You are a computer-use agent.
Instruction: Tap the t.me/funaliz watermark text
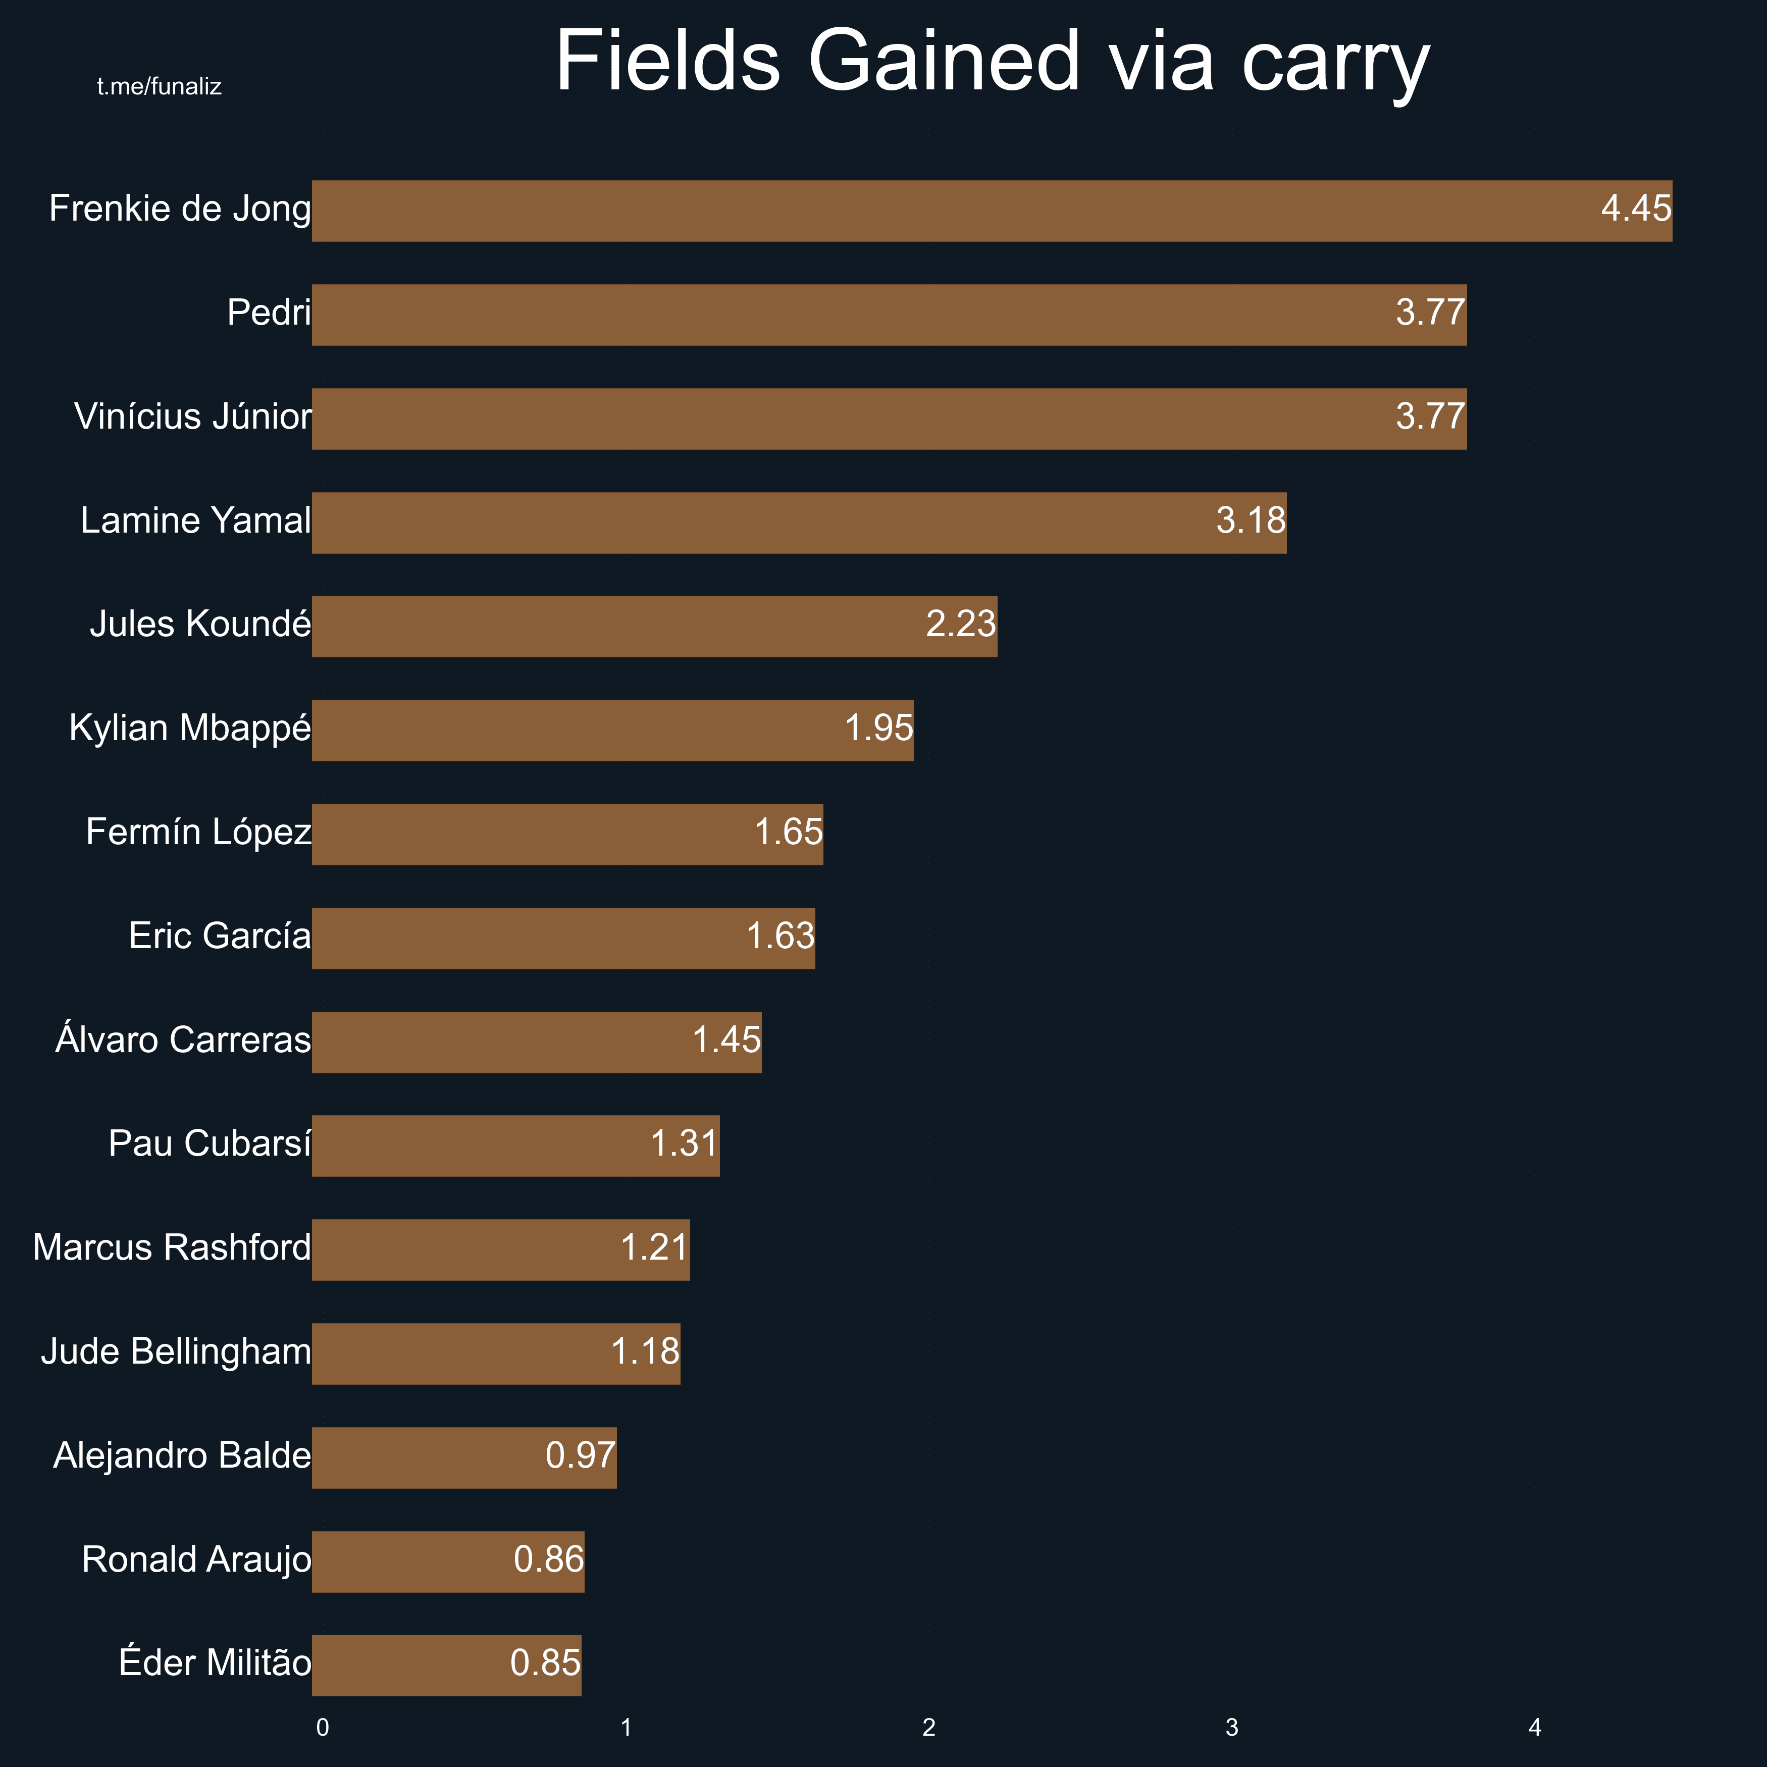159,87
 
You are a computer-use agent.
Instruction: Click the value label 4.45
1635,209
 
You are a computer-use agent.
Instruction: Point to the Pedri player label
269,313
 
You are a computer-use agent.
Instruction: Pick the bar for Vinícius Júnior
889,419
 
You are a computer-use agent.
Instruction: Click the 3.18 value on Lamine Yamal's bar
1250,521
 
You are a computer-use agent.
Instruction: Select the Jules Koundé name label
200,624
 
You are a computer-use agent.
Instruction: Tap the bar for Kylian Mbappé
613,730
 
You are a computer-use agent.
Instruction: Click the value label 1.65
789,833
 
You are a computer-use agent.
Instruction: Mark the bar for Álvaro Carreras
537,1042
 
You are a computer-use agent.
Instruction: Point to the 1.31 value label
684,1143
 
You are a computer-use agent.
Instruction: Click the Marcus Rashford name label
172,1248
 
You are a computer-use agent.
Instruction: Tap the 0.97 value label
580,1455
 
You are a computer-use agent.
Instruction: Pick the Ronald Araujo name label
196,1560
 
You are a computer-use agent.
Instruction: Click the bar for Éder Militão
446,1666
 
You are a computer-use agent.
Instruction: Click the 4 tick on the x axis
1535,1728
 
